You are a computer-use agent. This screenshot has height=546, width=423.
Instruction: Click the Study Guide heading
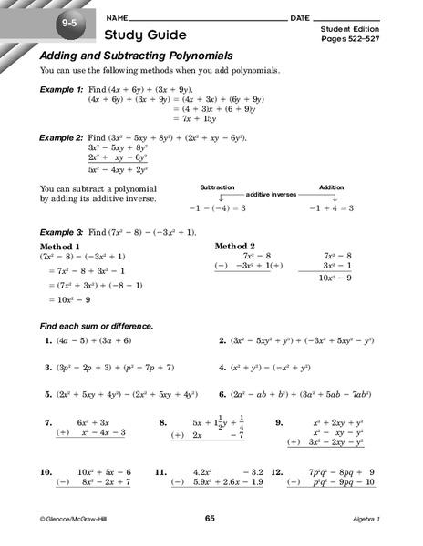click(x=146, y=35)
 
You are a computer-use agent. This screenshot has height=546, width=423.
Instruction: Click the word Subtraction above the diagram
click(x=217, y=186)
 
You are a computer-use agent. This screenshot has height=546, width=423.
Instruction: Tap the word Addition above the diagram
click(x=331, y=186)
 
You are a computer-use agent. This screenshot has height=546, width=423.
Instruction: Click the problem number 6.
click(x=223, y=395)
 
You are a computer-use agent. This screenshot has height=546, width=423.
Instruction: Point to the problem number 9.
click(x=279, y=423)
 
